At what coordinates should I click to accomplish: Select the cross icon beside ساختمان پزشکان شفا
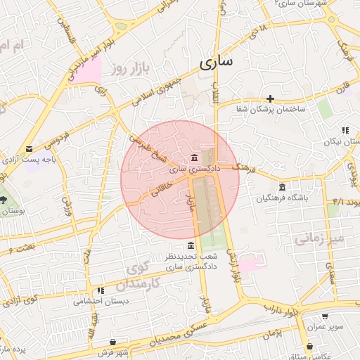click(x=270, y=98)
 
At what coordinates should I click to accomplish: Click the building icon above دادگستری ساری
click(x=194, y=157)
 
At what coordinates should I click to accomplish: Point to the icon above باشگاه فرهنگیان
click(x=282, y=187)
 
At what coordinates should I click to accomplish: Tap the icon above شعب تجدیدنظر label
click(x=191, y=245)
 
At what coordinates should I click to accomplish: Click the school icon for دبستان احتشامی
click(x=101, y=290)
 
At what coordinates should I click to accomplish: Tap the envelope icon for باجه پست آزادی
click(x=29, y=149)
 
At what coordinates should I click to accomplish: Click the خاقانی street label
click(x=156, y=186)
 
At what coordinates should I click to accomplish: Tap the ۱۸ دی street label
click(x=262, y=29)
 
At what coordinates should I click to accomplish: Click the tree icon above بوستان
click(x=4, y=199)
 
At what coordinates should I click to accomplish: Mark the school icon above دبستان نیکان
click(x=345, y=130)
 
